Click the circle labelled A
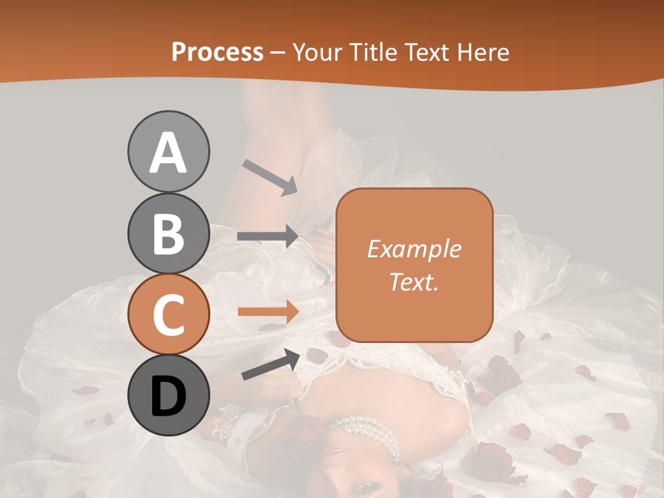168,151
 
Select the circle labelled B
168,233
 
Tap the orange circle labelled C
168,315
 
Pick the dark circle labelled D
168,396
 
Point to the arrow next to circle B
268,236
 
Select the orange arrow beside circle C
268,311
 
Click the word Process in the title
217,52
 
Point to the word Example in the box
414,249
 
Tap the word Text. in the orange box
414,282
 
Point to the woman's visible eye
362,488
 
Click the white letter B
168,234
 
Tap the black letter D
168,396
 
